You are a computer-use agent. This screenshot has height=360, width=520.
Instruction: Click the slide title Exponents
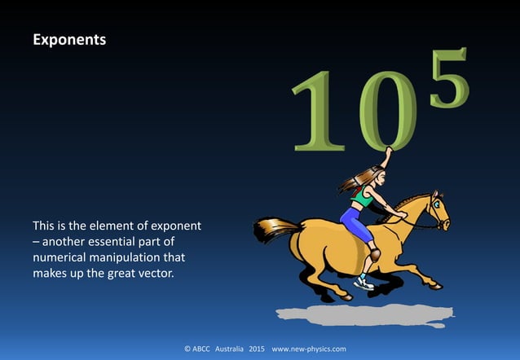pyautogui.click(x=68, y=38)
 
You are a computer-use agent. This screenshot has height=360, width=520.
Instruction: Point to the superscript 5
pyautogui.click(x=448, y=78)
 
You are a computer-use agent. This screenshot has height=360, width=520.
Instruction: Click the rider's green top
pyautogui.click(x=363, y=197)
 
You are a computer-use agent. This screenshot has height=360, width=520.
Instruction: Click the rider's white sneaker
pyautogui.click(x=364, y=283)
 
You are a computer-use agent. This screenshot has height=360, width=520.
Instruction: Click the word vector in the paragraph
pyautogui.click(x=157, y=273)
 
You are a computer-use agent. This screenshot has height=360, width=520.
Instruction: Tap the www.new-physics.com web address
pyautogui.click(x=309, y=349)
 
